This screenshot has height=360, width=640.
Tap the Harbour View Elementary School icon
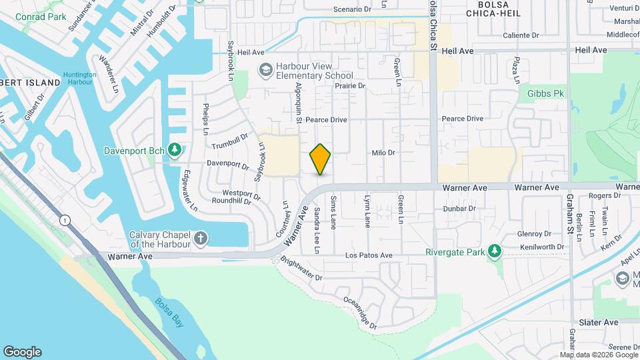265,70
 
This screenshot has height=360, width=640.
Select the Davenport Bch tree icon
175,149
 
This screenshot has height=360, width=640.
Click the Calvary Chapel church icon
201,239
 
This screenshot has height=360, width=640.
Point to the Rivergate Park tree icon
494,251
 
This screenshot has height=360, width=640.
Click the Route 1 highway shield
65,220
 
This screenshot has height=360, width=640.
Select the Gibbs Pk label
546,94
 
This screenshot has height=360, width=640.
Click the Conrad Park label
41,17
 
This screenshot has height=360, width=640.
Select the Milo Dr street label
383,153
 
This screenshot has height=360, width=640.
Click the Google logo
22,351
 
